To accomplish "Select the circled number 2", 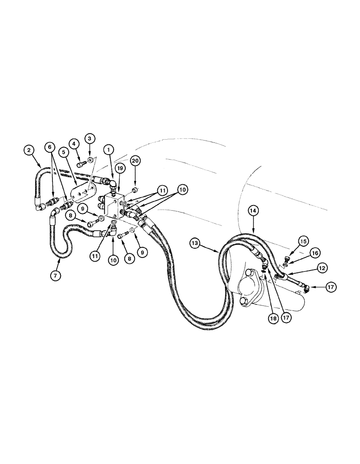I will point(29,149).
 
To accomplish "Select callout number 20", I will point(135,161).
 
